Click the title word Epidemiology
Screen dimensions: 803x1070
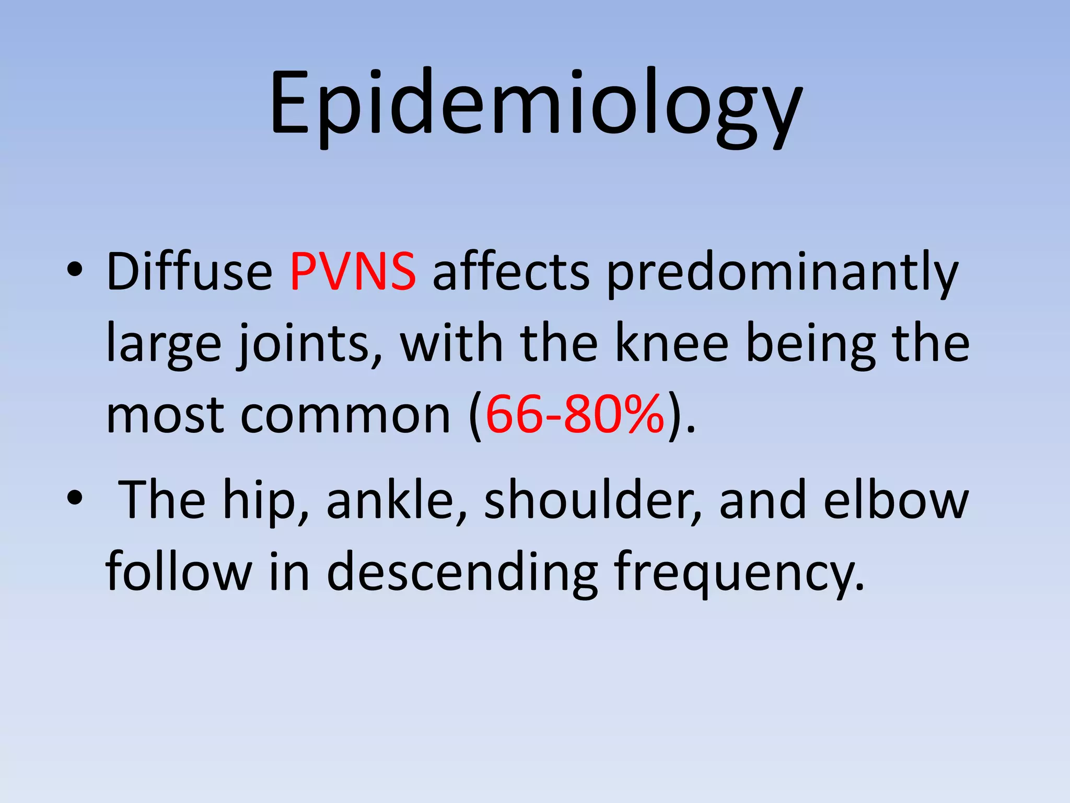tap(535, 105)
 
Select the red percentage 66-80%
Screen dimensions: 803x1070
tap(575, 415)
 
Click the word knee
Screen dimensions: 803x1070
tap(672, 343)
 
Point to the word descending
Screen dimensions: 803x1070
tap(462, 573)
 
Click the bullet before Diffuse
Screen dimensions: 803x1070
tap(74, 270)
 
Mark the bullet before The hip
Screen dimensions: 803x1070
tap(74, 498)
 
